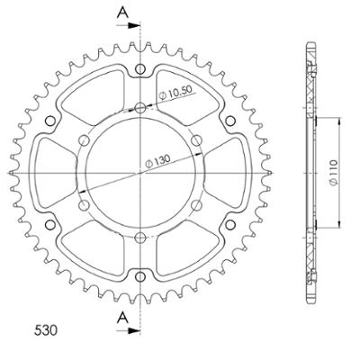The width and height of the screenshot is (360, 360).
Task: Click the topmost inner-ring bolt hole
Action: (140, 108)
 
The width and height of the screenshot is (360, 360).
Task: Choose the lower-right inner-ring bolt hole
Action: (195, 202)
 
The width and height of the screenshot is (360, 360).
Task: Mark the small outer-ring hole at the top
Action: (140, 69)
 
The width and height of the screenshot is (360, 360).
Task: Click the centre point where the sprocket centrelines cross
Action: (140, 171)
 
